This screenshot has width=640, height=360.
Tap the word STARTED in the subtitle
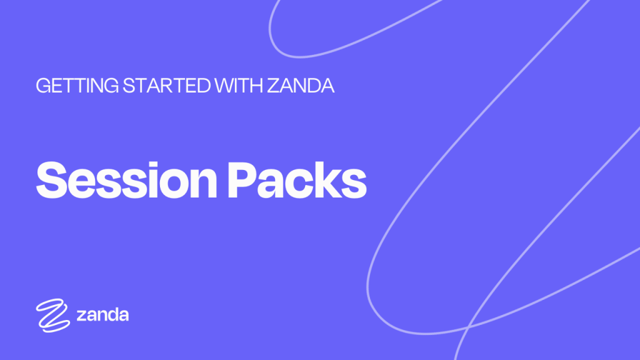coord(166,86)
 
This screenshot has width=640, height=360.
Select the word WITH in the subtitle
coord(239,86)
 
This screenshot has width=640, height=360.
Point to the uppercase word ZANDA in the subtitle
coord(301,86)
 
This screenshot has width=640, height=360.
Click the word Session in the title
coord(126,180)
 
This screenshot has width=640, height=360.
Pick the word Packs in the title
coord(297,180)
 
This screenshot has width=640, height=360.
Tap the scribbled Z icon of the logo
coord(52,315)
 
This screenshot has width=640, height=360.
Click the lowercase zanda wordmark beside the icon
coord(102,315)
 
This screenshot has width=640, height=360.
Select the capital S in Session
coord(51,180)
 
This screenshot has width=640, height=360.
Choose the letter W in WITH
coord(225,86)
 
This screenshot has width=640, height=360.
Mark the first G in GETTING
coord(44,86)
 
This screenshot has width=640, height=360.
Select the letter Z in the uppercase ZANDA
coord(274,86)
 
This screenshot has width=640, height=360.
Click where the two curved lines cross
coord(468,326)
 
